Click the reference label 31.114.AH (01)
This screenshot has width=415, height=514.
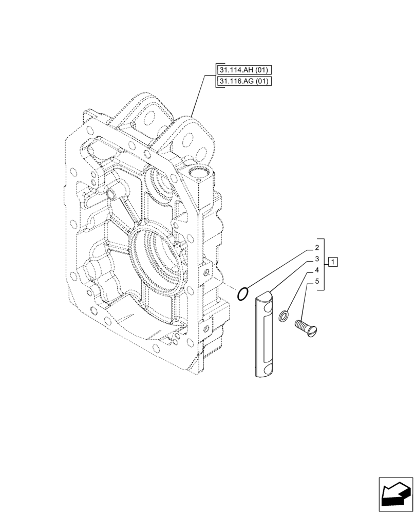tap(244, 70)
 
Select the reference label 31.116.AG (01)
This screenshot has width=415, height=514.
tap(244, 81)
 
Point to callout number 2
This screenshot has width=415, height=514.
tap(316, 248)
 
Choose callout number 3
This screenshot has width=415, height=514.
tap(316, 259)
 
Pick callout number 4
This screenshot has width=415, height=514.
tap(316, 270)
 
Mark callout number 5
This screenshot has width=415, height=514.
tap(316, 281)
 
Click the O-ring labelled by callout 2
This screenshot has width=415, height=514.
tap(243, 294)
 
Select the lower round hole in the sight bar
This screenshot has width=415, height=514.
tap(266, 369)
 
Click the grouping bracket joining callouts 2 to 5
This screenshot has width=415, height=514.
tap(324, 264)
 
